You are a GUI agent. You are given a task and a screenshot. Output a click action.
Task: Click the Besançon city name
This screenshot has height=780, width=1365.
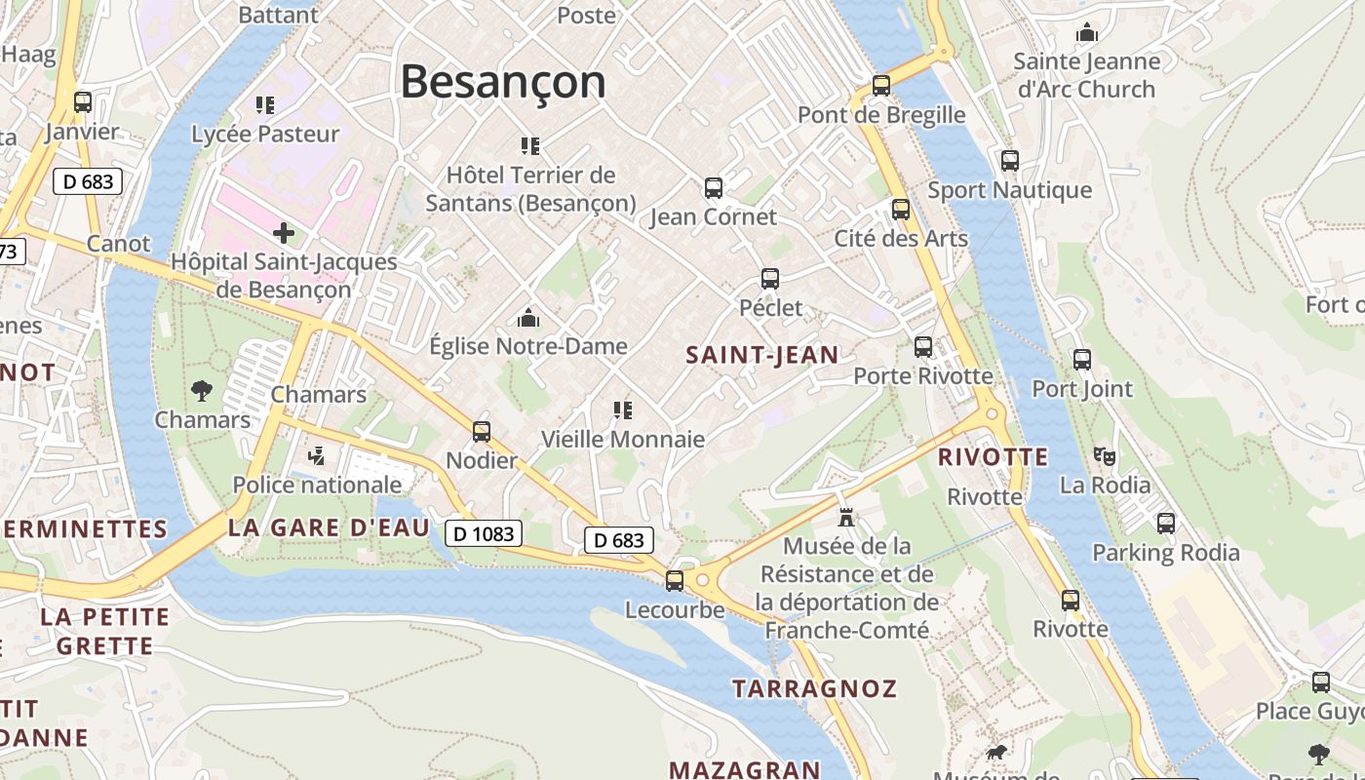503,81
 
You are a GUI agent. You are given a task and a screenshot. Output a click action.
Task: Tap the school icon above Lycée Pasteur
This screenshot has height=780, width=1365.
265,104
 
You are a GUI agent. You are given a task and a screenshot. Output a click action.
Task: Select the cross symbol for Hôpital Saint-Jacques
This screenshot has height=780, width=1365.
284,233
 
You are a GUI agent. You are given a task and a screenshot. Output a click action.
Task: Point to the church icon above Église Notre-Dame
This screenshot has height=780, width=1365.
528,318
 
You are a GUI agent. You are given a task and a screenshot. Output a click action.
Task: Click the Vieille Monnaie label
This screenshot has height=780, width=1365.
623,439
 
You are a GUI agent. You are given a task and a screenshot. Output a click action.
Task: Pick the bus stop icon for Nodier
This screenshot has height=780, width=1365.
482,431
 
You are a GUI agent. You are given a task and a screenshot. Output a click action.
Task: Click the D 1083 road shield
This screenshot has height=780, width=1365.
484,533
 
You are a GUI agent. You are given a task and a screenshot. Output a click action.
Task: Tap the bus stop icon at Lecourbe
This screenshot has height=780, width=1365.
675,581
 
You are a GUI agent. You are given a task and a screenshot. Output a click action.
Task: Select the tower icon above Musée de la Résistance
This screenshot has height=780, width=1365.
846,517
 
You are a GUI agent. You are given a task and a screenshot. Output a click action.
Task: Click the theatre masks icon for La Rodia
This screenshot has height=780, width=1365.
1105,455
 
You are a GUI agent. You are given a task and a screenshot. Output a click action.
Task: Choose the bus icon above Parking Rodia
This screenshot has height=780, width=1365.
1166,524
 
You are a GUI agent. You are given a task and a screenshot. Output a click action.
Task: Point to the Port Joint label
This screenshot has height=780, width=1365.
1082,389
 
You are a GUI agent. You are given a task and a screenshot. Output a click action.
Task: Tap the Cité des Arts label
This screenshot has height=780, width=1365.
901,239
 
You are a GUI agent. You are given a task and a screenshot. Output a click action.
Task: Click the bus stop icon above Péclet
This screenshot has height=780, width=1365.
770,279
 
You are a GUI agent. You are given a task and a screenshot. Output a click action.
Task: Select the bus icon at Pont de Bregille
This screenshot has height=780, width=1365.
881,86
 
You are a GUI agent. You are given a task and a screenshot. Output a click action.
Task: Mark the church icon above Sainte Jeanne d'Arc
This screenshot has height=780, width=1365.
1087,33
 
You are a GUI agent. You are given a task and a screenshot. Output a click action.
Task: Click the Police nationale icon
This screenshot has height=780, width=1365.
316,455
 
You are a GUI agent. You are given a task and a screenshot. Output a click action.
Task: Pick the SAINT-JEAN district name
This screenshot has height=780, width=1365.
762,356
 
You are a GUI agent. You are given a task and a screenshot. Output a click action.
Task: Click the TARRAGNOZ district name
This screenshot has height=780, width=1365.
814,688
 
